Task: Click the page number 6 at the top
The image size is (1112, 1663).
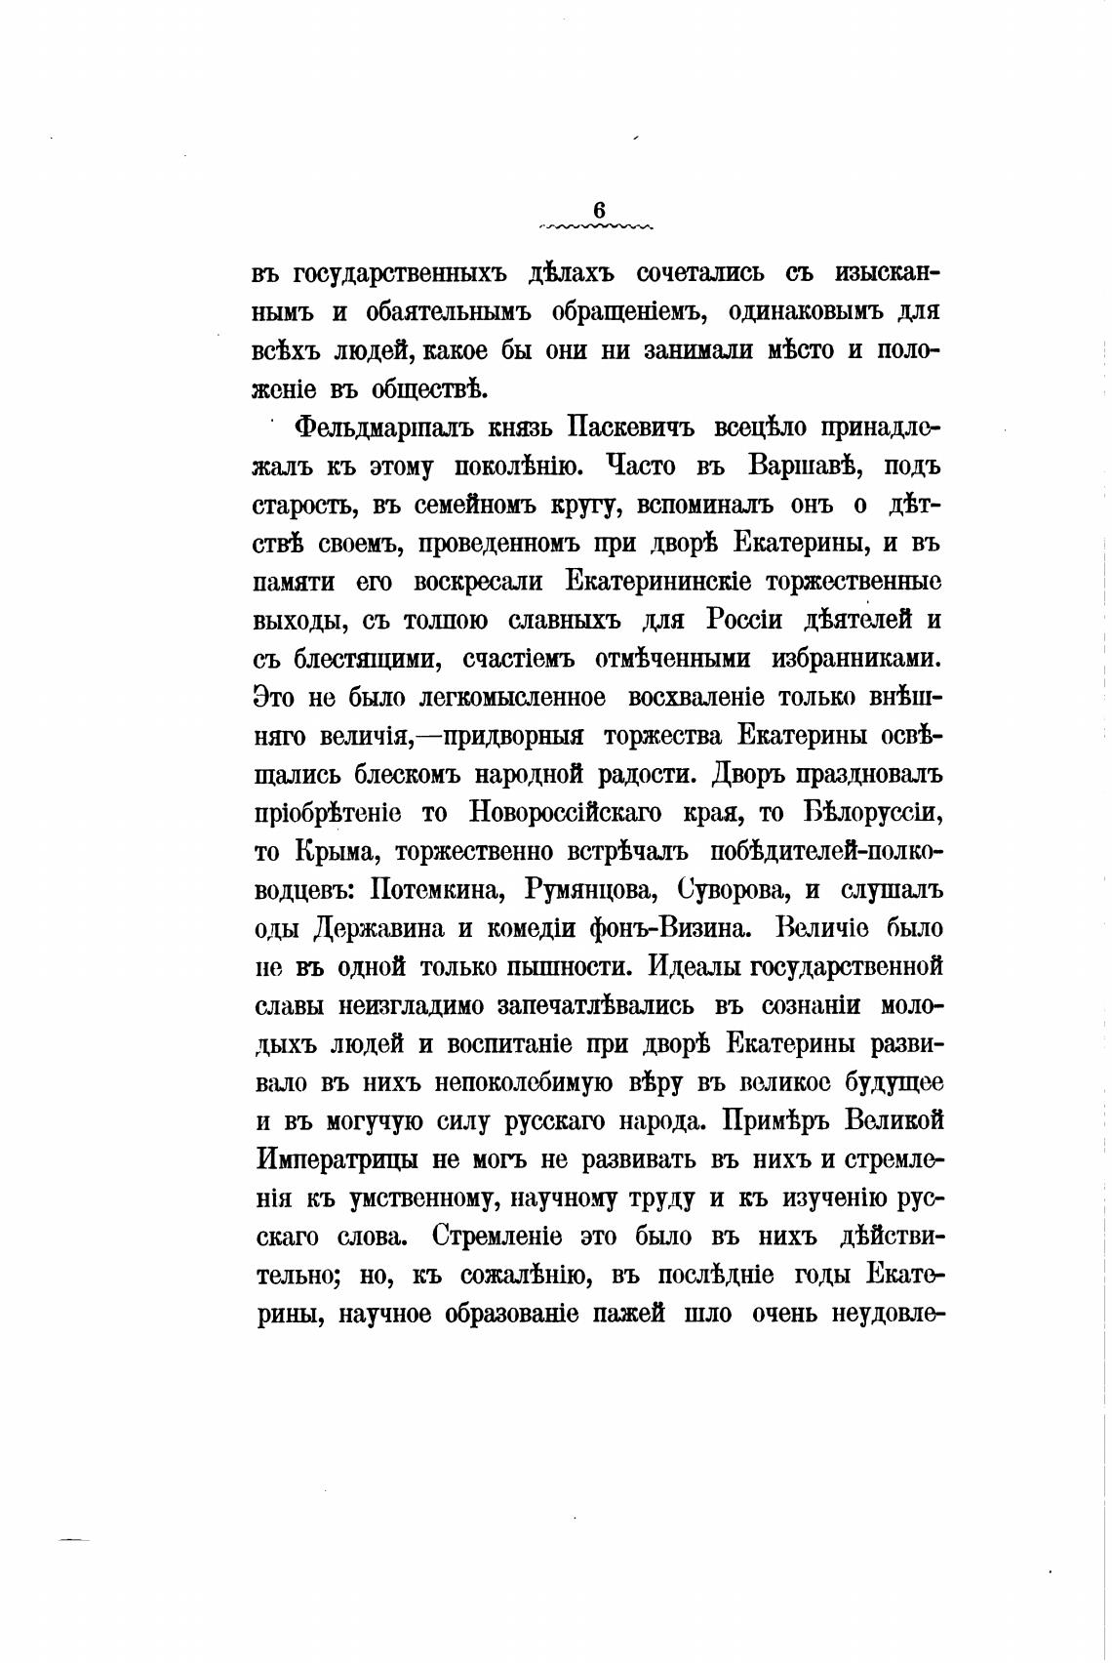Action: [x=598, y=210]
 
